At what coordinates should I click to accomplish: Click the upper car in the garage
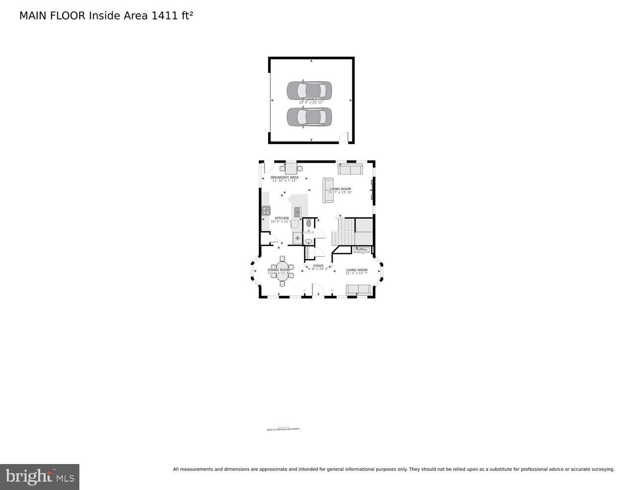309,90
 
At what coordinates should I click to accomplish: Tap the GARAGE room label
311,99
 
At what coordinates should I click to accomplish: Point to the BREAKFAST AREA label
284,177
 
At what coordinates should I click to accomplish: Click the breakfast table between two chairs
291,168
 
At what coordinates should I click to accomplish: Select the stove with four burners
266,211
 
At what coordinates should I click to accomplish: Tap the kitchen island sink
297,212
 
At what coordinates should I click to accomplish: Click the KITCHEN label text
282,218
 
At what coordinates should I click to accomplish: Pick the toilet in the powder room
309,223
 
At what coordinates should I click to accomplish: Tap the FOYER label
318,266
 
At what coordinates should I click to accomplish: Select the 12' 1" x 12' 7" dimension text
357,273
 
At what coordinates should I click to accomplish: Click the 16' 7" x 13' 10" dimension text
340,193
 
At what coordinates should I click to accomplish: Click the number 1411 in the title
165,16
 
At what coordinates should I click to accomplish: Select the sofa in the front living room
359,289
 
